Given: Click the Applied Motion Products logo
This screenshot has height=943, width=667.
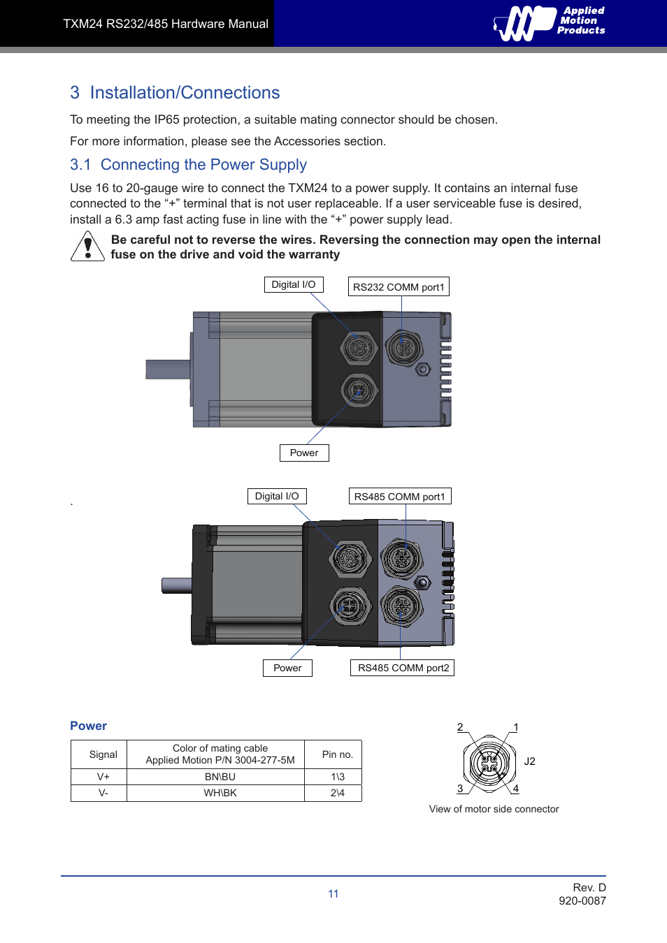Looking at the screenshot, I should (550, 23).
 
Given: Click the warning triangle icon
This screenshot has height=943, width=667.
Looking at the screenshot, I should (87, 247).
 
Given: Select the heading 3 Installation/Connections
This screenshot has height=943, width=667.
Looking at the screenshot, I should (175, 93).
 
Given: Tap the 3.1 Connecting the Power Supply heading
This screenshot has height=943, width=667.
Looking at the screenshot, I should (188, 165).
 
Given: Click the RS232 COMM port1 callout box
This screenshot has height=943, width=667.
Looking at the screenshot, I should (399, 287).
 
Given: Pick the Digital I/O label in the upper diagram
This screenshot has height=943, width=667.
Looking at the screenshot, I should (294, 285).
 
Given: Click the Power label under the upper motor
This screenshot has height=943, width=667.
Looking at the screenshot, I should (304, 453).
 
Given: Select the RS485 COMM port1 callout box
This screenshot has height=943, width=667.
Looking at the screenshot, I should (399, 497).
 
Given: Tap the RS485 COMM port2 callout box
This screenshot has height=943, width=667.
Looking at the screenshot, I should (403, 668).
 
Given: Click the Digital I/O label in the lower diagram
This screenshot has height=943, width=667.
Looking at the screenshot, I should (277, 497).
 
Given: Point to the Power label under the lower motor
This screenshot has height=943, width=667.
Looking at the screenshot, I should (287, 668).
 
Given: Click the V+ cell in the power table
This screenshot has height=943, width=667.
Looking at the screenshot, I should (103, 777).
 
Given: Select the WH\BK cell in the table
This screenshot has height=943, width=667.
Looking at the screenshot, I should (220, 794).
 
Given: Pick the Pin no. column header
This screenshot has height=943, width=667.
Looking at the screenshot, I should (337, 755).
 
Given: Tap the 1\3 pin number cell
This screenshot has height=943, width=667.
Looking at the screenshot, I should (337, 777).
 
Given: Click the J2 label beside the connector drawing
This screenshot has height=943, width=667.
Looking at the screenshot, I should (529, 761).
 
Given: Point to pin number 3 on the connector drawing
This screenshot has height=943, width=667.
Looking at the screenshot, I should (460, 789).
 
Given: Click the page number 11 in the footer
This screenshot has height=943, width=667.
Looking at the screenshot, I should (333, 894).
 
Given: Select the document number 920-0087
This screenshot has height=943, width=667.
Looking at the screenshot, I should (582, 901).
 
